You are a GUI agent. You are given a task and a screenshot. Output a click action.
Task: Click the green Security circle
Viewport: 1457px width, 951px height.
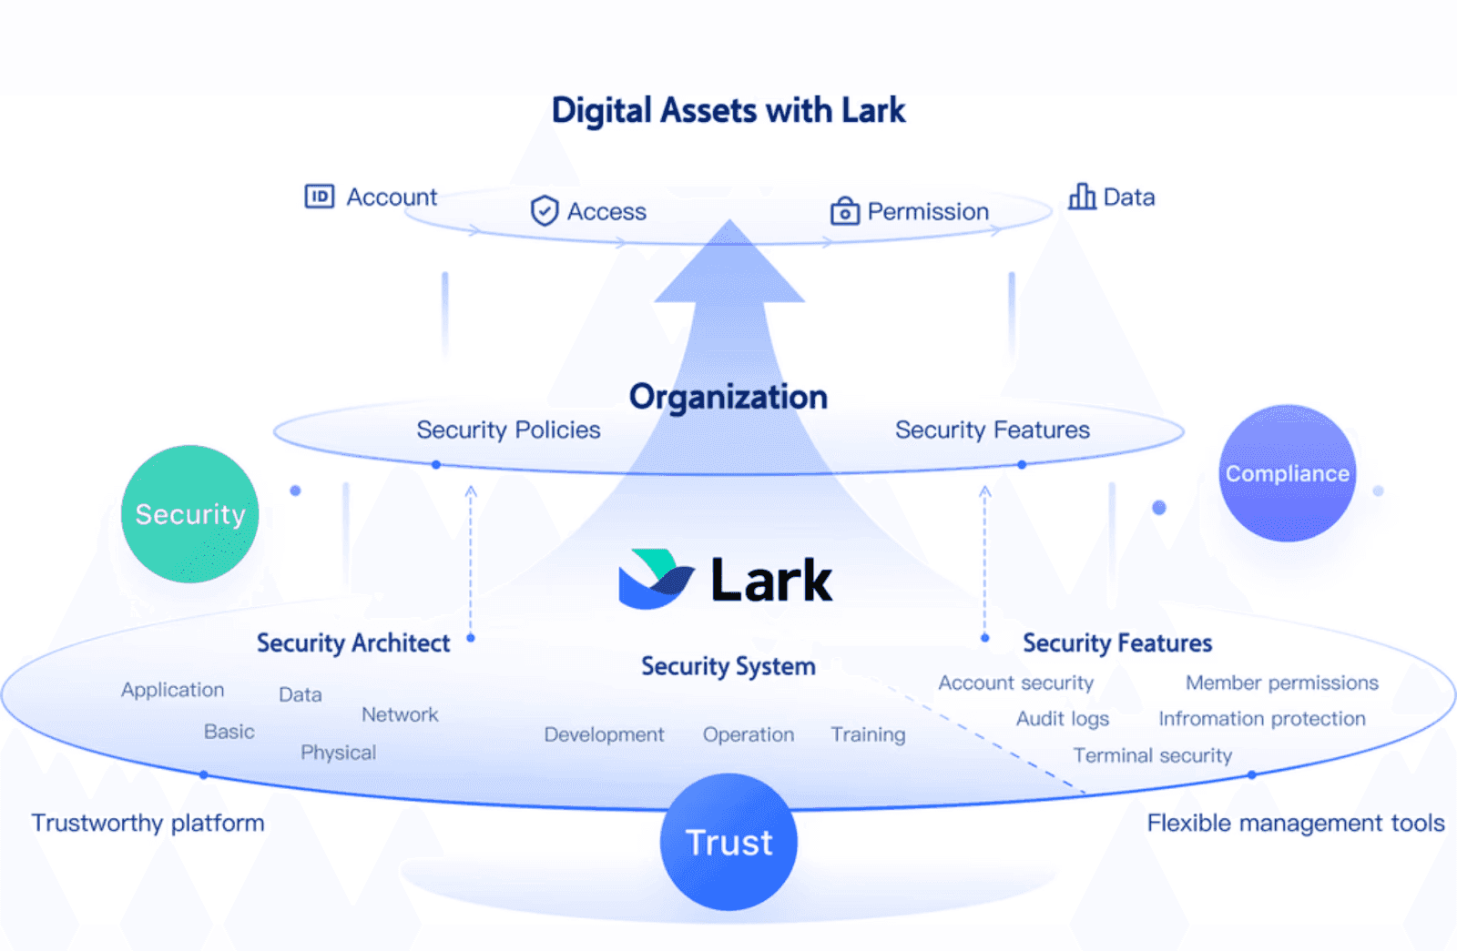tap(189, 514)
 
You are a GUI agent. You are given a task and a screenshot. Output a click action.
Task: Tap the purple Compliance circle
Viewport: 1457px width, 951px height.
tap(1287, 473)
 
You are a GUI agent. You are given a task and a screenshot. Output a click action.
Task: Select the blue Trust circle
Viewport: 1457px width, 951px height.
tap(728, 842)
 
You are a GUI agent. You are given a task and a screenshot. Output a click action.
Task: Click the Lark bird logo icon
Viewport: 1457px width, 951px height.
tap(656, 579)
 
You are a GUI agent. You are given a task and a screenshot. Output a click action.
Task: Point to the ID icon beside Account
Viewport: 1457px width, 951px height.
tap(320, 197)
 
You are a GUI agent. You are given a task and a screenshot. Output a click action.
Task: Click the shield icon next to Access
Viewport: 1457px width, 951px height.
tap(545, 211)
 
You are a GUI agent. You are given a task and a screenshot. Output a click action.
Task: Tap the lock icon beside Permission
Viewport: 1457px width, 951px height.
tap(844, 211)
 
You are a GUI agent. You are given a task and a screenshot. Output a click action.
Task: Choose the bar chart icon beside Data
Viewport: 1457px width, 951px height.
tap(1082, 197)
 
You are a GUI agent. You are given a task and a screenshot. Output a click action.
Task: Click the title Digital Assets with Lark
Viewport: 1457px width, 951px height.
tap(728, 110)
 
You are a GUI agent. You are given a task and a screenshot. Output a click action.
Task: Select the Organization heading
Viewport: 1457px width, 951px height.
tap(728, 397)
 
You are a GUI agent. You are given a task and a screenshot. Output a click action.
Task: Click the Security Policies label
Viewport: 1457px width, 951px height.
tap(508, 430)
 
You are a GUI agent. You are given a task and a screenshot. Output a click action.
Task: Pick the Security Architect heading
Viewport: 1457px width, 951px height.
tap(353, 643)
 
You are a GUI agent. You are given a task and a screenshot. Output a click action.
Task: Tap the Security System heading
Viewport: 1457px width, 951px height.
tap(728, 666)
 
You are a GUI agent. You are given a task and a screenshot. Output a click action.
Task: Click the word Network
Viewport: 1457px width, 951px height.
tap(400, 714)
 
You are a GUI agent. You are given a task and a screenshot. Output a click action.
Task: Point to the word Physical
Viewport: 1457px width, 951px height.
tap(338, 753)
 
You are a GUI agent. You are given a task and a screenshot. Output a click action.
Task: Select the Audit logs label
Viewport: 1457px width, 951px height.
tap(1063, 719)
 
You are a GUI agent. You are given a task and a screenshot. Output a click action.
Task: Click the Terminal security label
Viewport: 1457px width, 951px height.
tap(1152, 755)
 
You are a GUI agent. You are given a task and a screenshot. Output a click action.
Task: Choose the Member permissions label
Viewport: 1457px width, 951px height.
tap(1281, 683)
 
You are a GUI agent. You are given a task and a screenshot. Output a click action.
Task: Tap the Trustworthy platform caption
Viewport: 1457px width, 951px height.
tap(148, 823)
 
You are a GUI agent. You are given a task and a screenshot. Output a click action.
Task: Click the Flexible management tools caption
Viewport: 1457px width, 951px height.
tap(1295, 823)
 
